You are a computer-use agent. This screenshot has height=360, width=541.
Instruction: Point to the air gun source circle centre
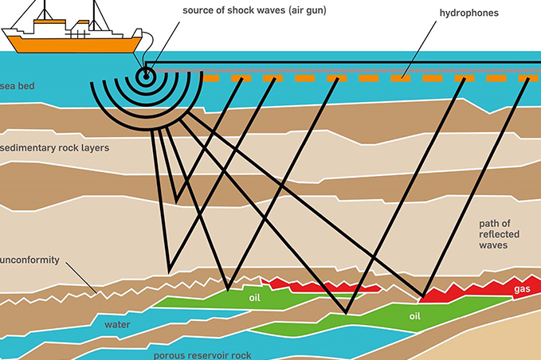pyautogui.click(x=146, y=77)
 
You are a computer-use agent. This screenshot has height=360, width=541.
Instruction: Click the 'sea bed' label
pyautogui.click(x=17, y=85)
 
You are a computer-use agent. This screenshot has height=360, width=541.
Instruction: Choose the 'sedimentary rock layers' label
pyautogui.click(x=55, y=148)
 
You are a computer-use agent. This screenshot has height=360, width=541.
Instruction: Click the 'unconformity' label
pyautogui.click(x=29, y=260)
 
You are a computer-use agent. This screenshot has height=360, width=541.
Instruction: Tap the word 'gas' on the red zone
pyautogui.click(x=522, y=288)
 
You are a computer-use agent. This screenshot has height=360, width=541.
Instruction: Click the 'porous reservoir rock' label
pyautogui.click(x=204, y=355)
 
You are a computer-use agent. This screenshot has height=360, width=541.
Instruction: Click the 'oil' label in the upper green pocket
pyautogui.click(x=255, y=298)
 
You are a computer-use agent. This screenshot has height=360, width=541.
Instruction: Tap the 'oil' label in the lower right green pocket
pyautogui.click(x=415, y=316)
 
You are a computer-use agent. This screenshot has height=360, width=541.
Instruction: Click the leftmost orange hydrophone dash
pyautogui.click(x=211, y=80)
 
